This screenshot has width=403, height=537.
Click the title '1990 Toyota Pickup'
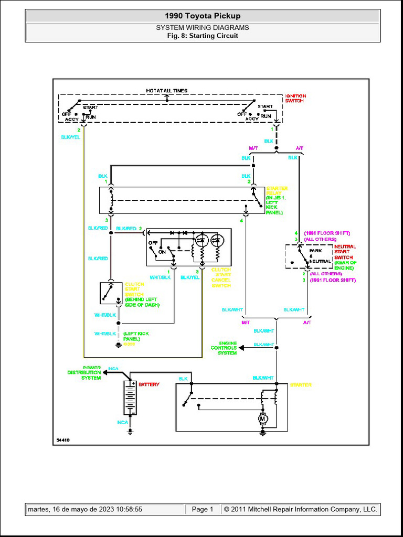(203, 16)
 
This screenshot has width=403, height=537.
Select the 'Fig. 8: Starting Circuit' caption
(203, 36)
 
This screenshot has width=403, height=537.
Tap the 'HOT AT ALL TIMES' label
(166, 91)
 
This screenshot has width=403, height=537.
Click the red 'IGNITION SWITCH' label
(295, 98)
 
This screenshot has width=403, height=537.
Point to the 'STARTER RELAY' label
(277, 191)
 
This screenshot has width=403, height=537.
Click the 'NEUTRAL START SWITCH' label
(345, 252)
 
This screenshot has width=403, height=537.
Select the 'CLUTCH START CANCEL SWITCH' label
(221, 277)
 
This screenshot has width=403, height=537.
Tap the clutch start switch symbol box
(111, 293)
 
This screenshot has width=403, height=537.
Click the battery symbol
(130, 398)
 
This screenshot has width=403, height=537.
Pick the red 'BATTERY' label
(149, 384)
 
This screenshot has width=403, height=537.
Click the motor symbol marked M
(263, 419)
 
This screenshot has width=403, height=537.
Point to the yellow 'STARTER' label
(300, 385)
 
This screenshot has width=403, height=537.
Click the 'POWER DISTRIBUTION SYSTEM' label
(84, 372)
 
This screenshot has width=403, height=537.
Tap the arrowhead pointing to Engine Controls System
(241, 348)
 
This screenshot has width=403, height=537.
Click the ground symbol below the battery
(130, 432)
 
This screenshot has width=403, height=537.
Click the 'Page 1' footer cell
(203, 509)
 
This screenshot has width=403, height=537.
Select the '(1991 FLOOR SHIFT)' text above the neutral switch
(327, 233)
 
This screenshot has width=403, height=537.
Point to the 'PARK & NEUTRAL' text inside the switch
(320, 256)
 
